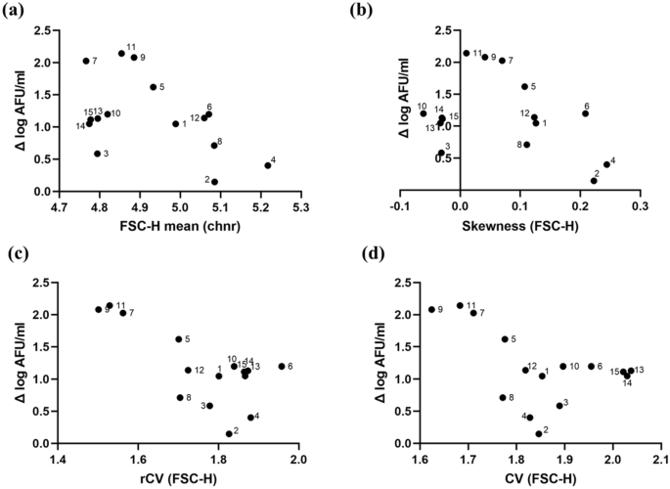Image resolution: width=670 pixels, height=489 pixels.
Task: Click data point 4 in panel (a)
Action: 267,165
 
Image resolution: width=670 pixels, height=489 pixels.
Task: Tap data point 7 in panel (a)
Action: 86,61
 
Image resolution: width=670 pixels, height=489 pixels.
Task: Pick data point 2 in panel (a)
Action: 214,182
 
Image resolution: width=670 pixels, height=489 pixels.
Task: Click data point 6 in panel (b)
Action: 585,113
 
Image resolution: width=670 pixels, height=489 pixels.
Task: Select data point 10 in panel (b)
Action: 424,113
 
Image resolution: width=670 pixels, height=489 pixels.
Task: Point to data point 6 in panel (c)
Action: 282,367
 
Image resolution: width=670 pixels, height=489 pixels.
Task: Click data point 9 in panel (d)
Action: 431,310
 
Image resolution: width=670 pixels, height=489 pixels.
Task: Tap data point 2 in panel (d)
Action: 538,433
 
